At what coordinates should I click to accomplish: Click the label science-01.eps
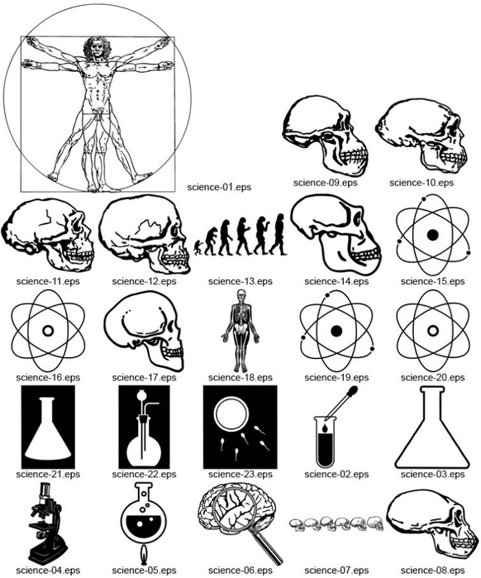[x=219, y=187]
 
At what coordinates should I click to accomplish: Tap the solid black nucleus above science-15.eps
[x=432, y=235]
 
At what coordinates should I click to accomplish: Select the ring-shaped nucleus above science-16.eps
[x=48, y=330]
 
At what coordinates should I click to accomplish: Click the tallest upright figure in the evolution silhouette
[x=278, y=235]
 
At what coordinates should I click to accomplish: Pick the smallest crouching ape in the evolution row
[x=198, y=248]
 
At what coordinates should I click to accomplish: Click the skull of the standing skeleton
[x=240, y=295]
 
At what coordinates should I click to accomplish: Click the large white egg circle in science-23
[x=231, y=413]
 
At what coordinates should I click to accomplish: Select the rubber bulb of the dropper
[x=351, y=391]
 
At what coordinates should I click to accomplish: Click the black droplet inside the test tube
[x=325, y=428]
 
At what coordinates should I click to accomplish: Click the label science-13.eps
[x=240, y=281]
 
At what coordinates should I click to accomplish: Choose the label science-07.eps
[x=336, y=571]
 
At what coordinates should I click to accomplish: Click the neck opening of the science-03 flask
[x=432, y=388]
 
